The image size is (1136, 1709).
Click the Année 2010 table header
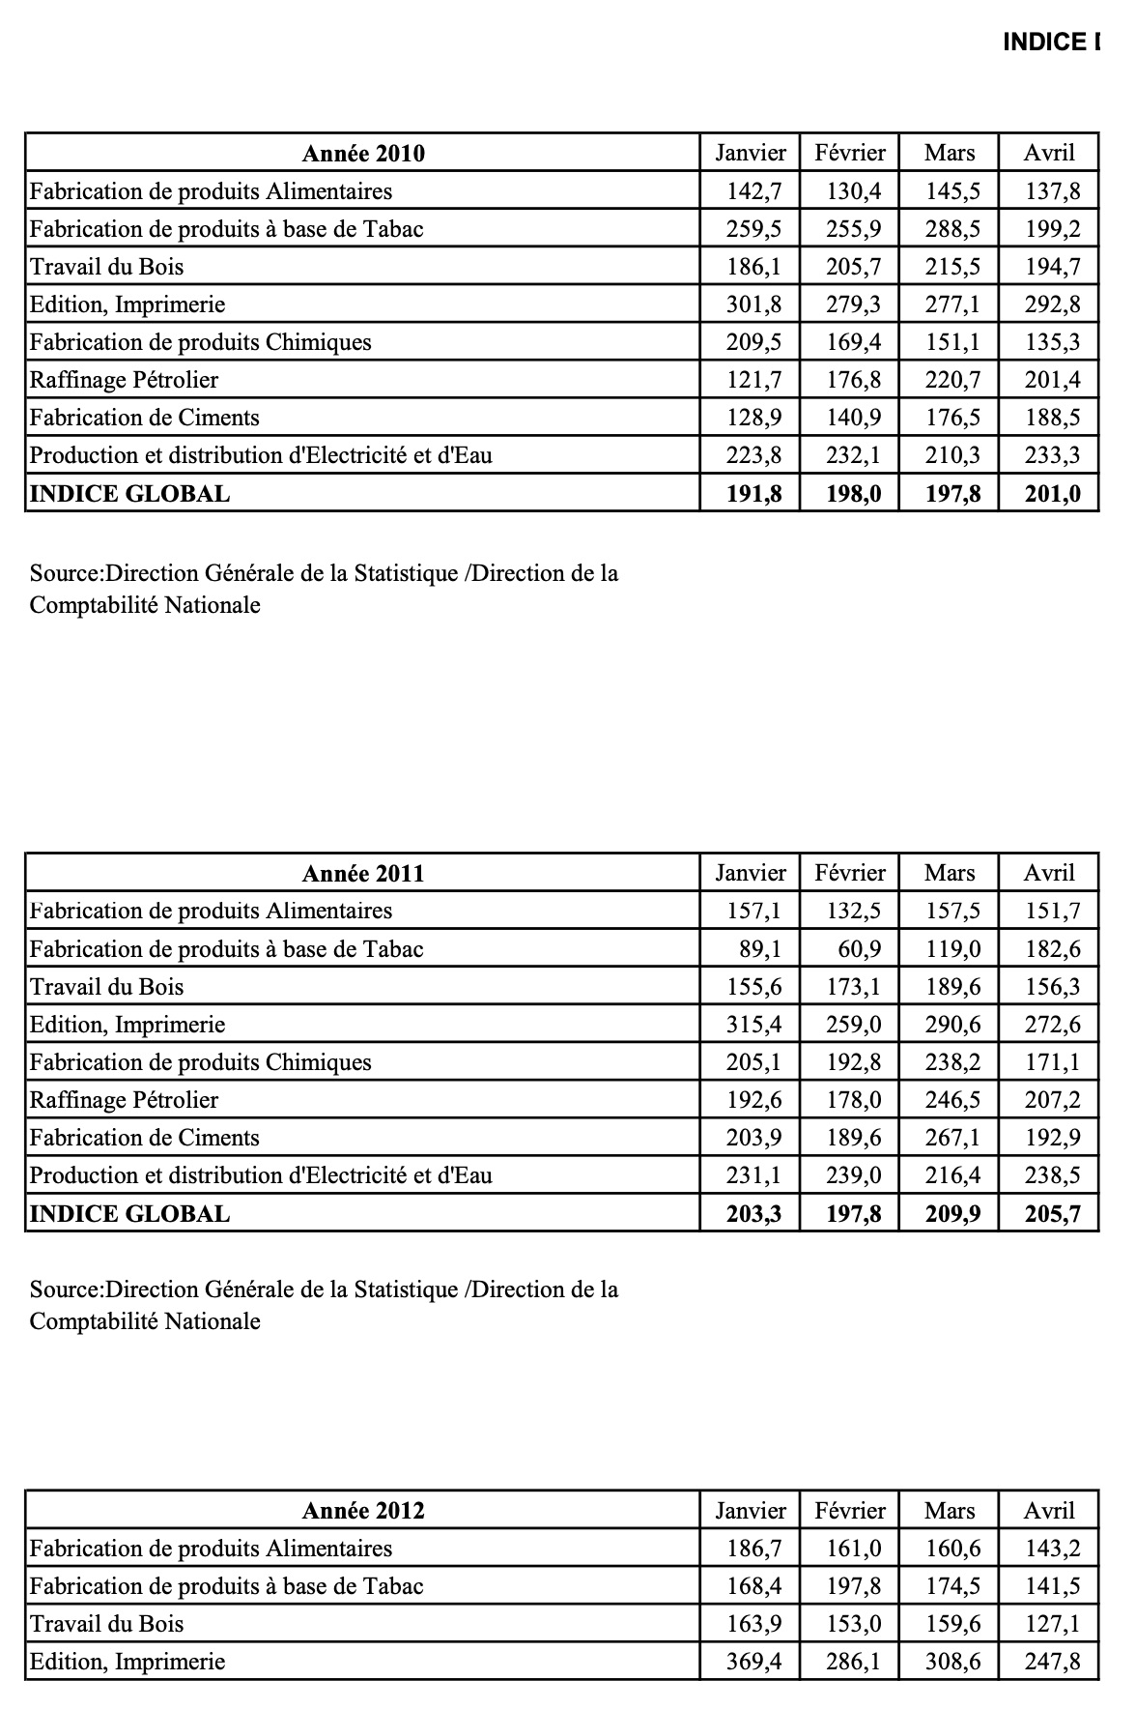[x=363, y=154]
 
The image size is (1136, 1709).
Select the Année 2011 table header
[x=363, y=874]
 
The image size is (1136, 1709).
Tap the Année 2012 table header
[x=363, y=1511]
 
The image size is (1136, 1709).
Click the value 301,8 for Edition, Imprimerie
[x=753, y=305]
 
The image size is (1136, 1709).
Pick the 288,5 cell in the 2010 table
[x=952, y=230]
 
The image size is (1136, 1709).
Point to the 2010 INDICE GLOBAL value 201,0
[x=1053, y=495]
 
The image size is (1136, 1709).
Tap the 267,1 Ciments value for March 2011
[x=952, y=1139]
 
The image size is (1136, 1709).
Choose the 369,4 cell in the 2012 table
[x=753, y=1663]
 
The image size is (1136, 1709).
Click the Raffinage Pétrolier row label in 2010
[x=125, y=381]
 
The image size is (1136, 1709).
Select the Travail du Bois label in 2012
[x=107, y=1624]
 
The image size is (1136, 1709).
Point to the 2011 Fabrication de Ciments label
[x=145, y=1139]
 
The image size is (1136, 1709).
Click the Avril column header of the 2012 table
[x=1049, y=1511]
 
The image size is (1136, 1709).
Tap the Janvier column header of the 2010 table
[x=751, y=153]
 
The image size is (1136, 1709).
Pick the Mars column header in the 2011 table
[x=950, y=873]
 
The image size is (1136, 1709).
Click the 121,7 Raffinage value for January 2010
[x=753, y=381]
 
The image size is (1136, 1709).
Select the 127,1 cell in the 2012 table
[x=1053, y=1625]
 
